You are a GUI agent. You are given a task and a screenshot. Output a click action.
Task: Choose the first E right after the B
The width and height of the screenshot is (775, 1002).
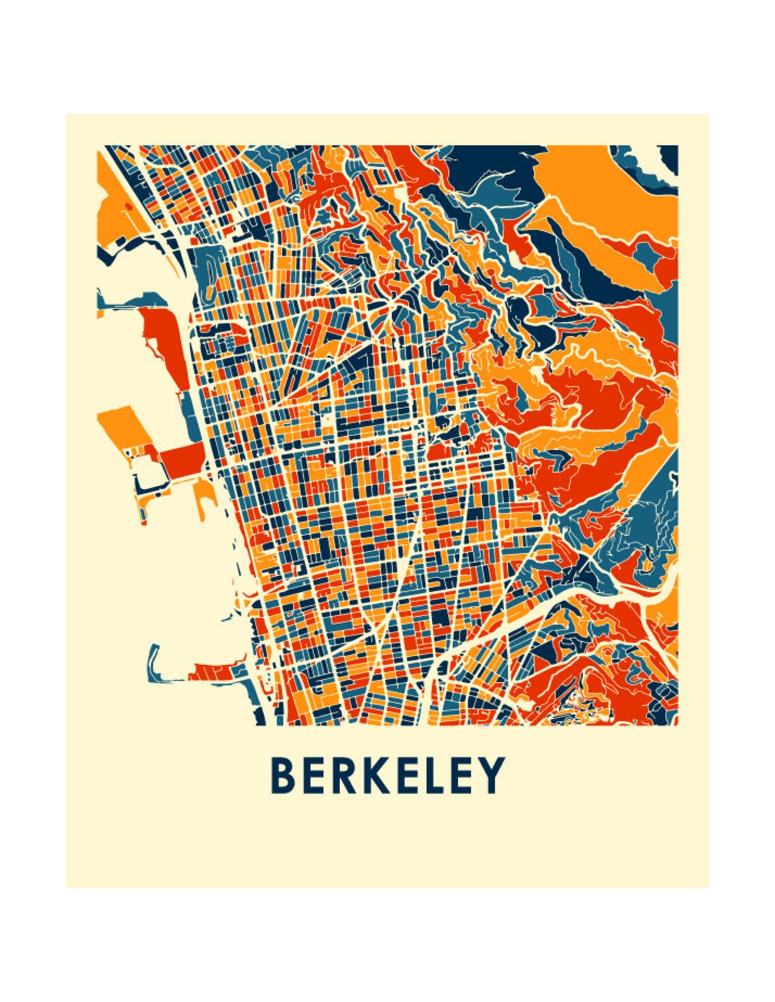point(315,775)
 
